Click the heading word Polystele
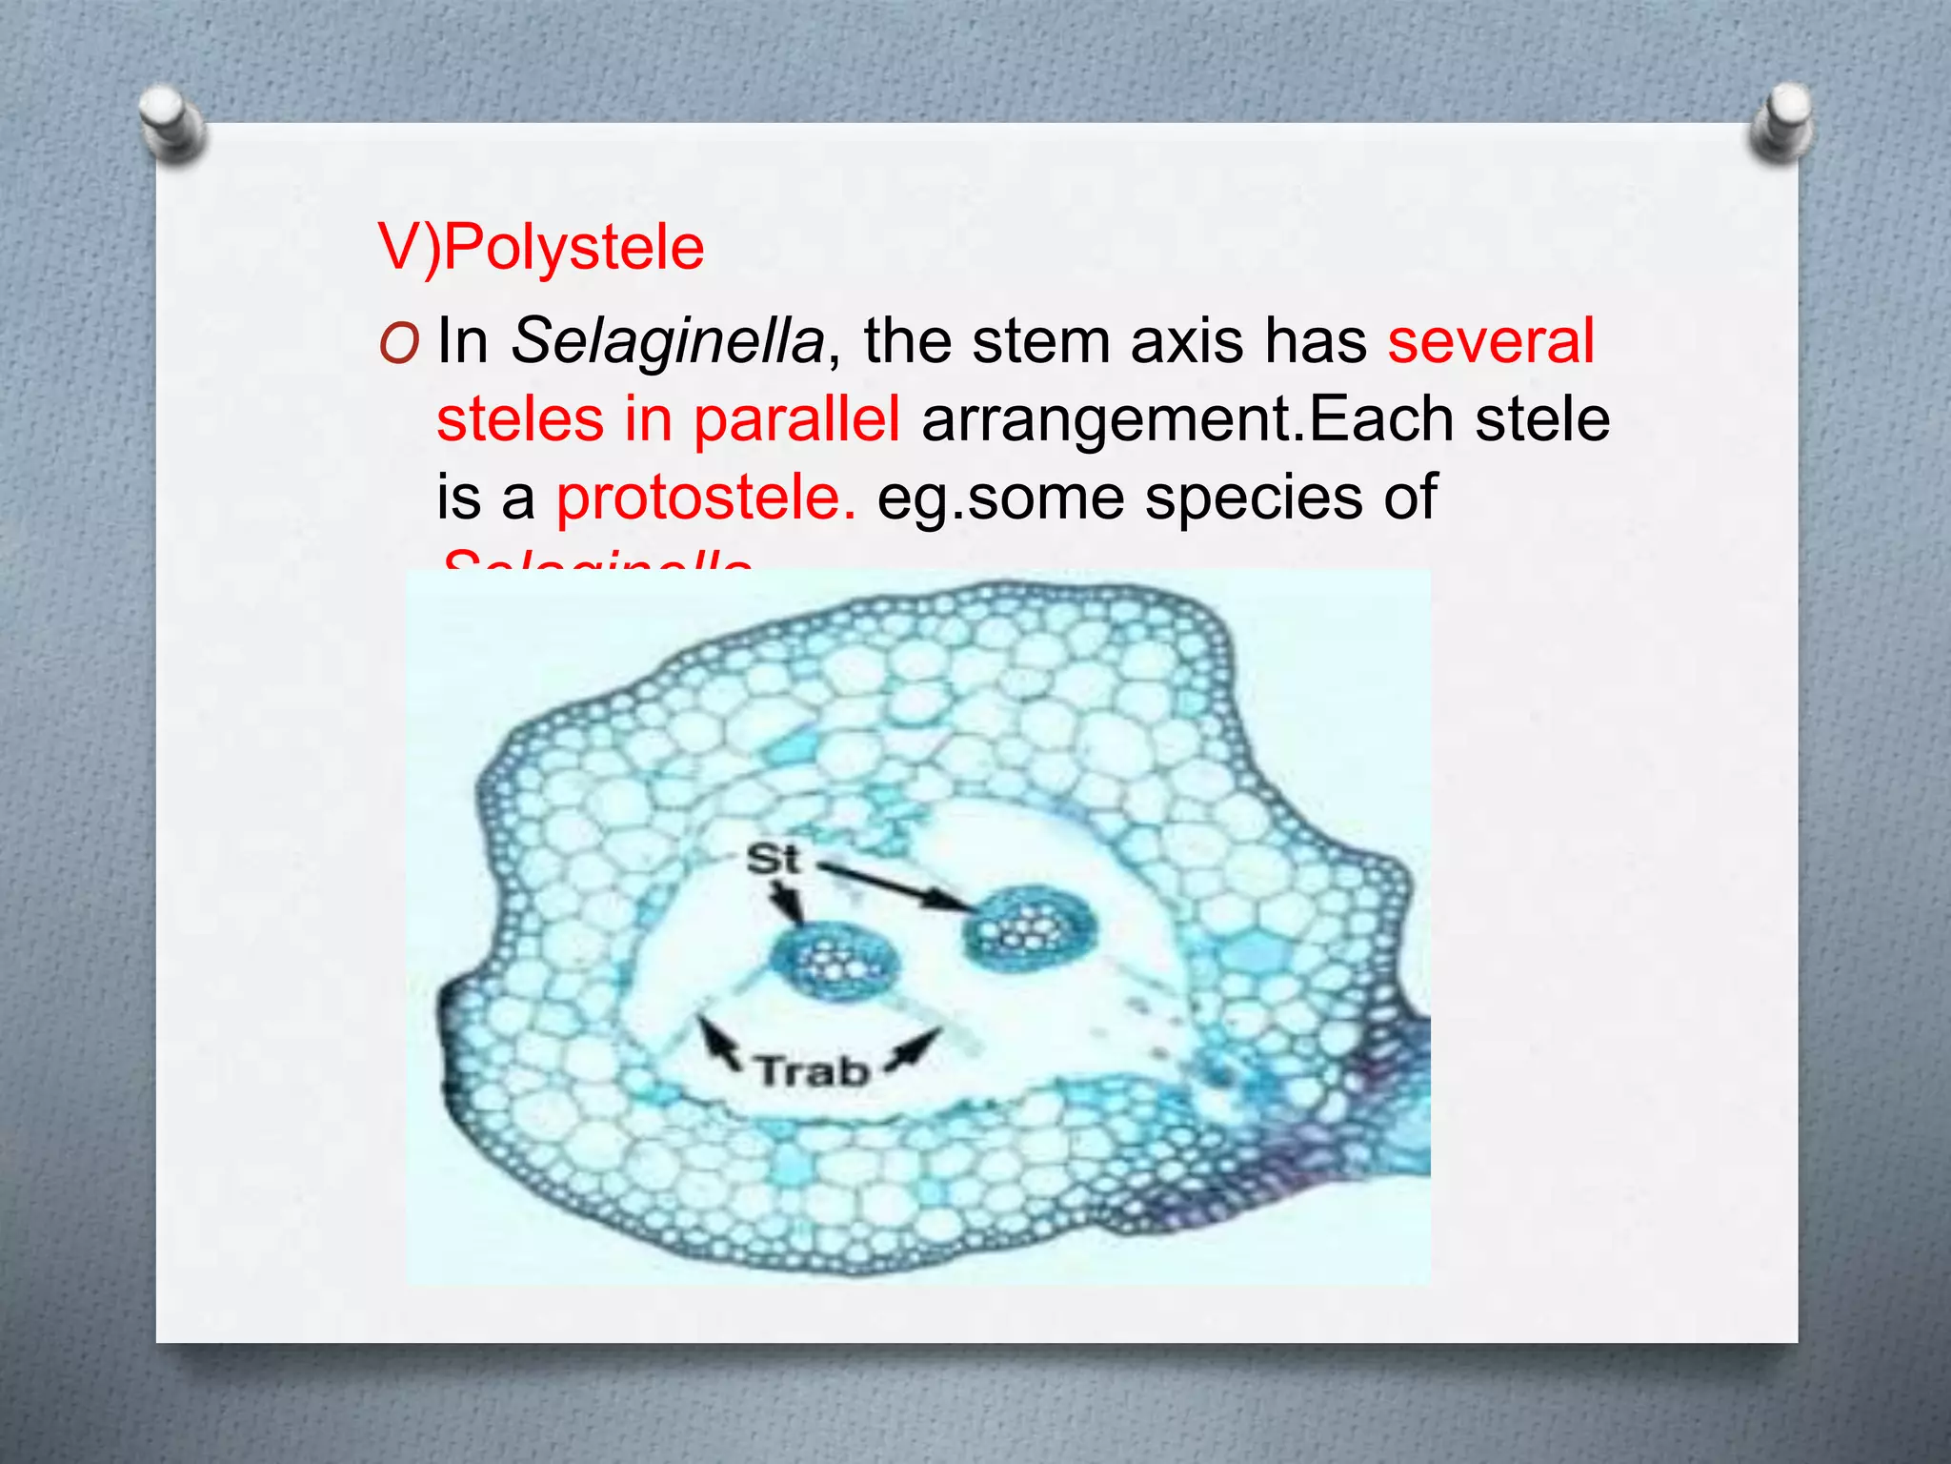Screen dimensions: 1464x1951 (573, 248)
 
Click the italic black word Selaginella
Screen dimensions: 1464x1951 (667, 340)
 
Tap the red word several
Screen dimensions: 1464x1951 (1490, 340)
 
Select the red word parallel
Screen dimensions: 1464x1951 (795, 419)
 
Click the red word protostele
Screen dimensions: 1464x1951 (705, 498)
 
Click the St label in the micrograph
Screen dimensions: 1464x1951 (772, 860)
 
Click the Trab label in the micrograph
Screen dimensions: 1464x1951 (813, 1072)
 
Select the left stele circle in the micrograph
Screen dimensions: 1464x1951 (835, 965)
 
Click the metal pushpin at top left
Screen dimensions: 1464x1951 (171, 122)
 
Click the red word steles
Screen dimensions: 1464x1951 (519, 419)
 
